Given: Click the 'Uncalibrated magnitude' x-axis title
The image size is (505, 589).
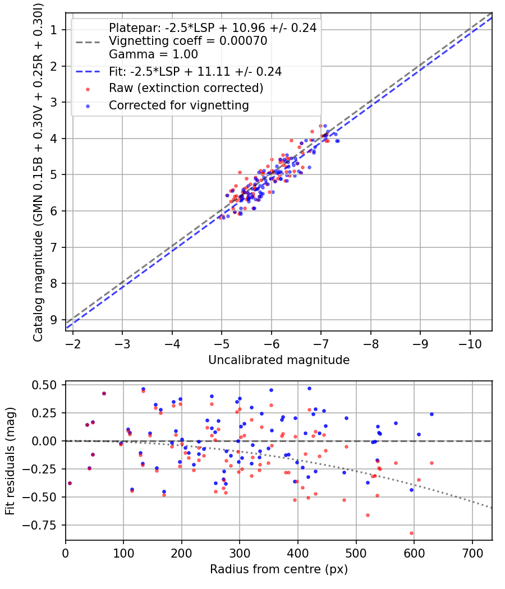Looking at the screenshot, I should (279, 360).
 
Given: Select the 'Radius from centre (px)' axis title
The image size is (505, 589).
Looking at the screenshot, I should (279, 569).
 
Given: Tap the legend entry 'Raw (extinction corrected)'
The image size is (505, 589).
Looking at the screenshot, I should (186, 88).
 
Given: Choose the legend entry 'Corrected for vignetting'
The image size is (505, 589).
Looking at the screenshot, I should (178, 105).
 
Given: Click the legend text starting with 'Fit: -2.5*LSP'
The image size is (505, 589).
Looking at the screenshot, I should (195, 72).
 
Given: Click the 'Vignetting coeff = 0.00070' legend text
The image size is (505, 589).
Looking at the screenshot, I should (188, 41).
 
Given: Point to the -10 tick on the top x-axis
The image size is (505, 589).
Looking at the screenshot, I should (470, 343).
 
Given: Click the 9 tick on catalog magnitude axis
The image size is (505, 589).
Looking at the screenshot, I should (54, 320).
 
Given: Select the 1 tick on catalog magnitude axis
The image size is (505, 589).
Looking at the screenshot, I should (54, 30).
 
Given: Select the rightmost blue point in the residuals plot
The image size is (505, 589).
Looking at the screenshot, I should (431, 414).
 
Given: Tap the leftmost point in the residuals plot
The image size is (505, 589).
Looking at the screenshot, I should (70, 483).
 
